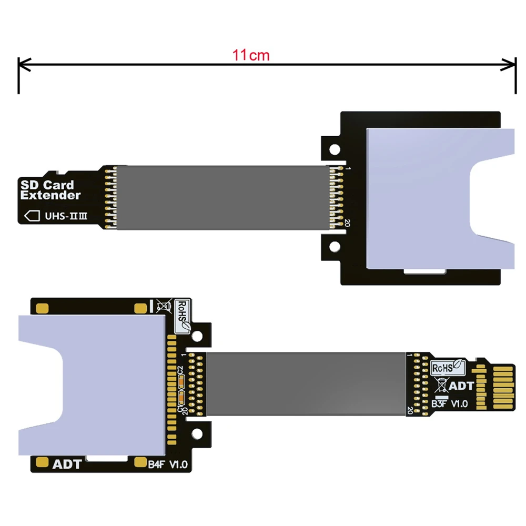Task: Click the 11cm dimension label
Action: tap(251, 55)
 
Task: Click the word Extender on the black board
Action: tap(50, 196)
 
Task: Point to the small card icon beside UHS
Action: tap(33, 216)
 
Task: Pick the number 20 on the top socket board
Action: tap(347, 224)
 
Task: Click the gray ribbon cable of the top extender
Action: tap(221, 198)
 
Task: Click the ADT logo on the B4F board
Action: tap(67, 464)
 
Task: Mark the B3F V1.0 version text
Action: tap(450, 404)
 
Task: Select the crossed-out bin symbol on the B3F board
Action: tap(440, 386)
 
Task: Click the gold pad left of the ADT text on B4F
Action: tap(42, 463)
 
